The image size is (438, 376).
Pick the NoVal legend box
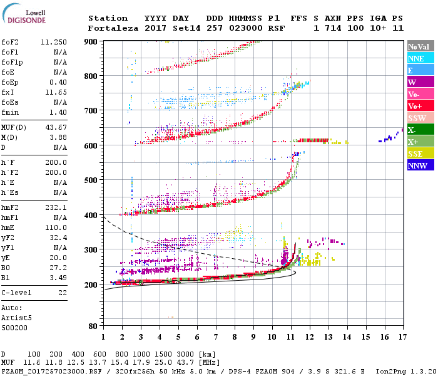pos(417,46)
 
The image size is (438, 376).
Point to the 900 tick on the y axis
pos(91,41)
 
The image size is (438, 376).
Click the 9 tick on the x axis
pos(253,338)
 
